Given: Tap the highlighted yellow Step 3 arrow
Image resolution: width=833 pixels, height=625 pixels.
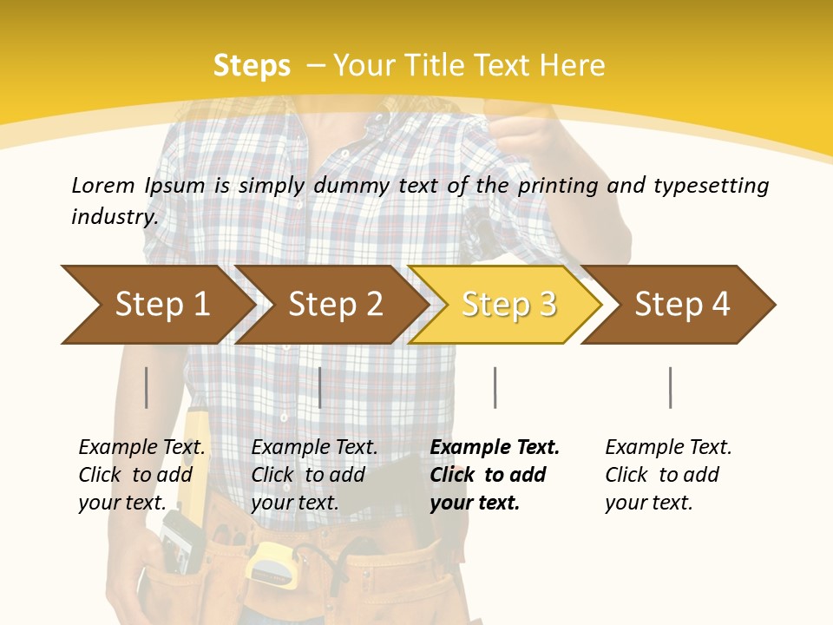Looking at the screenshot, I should coord(508,305).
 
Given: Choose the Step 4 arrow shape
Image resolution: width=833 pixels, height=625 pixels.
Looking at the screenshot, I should coord(682,305).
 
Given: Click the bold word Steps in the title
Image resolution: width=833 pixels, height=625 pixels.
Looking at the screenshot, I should coord(252,65).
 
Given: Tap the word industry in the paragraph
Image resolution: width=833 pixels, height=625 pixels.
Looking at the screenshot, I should coord(115,216).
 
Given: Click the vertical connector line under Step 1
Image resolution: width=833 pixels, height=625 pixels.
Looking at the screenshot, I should coord(147,387).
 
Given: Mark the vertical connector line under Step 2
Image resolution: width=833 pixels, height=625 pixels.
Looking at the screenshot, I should coord(320,387).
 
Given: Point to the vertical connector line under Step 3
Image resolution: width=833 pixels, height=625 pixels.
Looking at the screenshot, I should coord(495,387).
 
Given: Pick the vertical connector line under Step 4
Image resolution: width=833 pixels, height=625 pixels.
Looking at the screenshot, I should coord(671,387).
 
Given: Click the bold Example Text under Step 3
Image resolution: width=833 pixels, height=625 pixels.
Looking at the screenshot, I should coord(495,447).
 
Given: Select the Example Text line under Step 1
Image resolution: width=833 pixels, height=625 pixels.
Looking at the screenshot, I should coord(141,447).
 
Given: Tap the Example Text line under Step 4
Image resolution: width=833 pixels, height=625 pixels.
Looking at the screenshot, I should coord(668,447).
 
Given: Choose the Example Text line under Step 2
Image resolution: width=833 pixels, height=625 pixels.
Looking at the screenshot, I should coord(314,447).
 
